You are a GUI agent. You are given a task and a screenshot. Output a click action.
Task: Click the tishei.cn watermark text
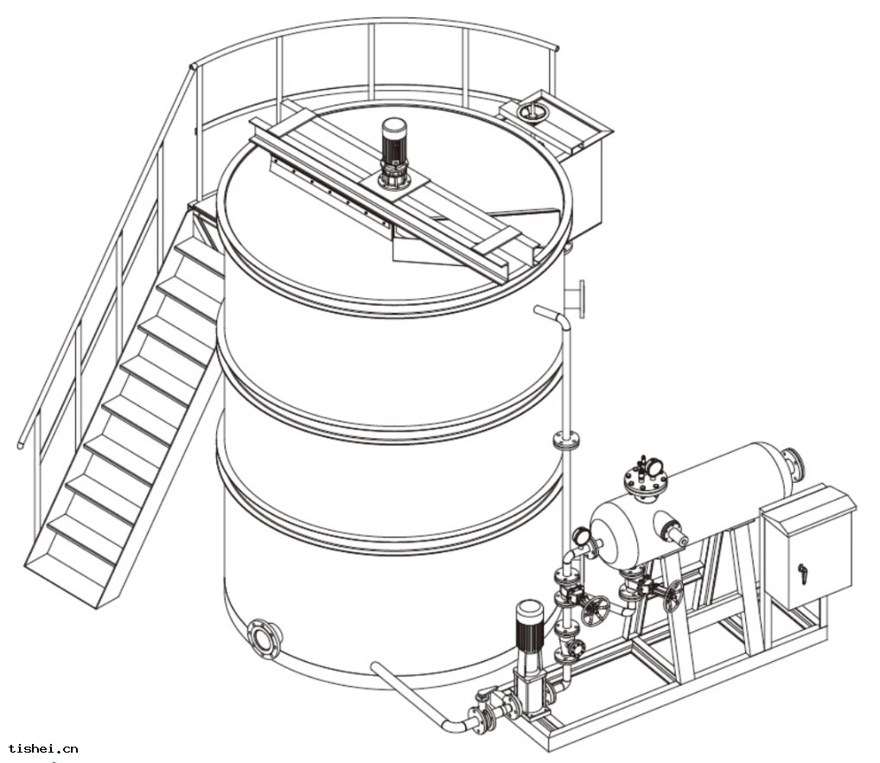43,748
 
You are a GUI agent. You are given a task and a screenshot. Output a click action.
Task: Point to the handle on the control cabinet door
802,574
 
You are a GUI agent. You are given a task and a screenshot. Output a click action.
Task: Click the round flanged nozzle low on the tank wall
264,638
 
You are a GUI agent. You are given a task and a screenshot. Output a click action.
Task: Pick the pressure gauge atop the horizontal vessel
655,467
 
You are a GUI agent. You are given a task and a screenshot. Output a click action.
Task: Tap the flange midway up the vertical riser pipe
565,441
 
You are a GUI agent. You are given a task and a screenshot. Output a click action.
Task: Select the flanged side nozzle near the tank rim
575,298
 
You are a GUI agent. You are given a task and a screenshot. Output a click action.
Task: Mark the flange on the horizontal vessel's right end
794,463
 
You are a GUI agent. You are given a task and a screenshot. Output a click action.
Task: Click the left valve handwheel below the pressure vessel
595,610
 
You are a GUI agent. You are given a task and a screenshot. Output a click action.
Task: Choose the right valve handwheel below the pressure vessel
673,596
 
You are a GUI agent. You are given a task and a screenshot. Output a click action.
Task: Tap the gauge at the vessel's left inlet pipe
581,537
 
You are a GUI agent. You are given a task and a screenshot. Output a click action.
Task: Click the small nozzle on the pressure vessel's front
672,532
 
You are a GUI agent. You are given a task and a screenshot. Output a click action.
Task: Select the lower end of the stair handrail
20,446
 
